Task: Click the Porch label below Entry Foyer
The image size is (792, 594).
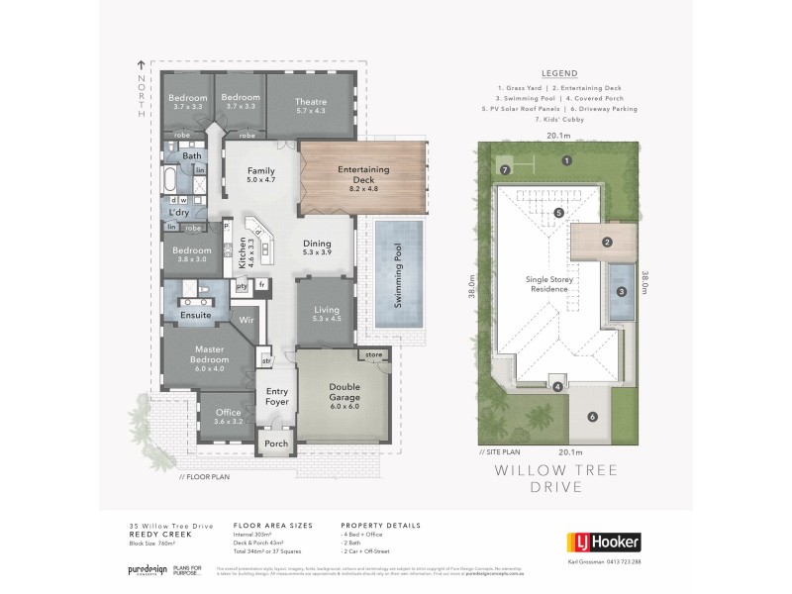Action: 276,445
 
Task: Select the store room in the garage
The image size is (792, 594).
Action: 373,353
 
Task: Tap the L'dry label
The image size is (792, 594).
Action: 179,214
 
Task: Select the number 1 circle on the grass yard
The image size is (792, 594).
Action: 567,160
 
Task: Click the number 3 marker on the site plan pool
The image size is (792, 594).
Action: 622,291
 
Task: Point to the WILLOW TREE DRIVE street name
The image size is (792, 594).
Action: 560,479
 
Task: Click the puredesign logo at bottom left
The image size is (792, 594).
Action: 144,571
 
